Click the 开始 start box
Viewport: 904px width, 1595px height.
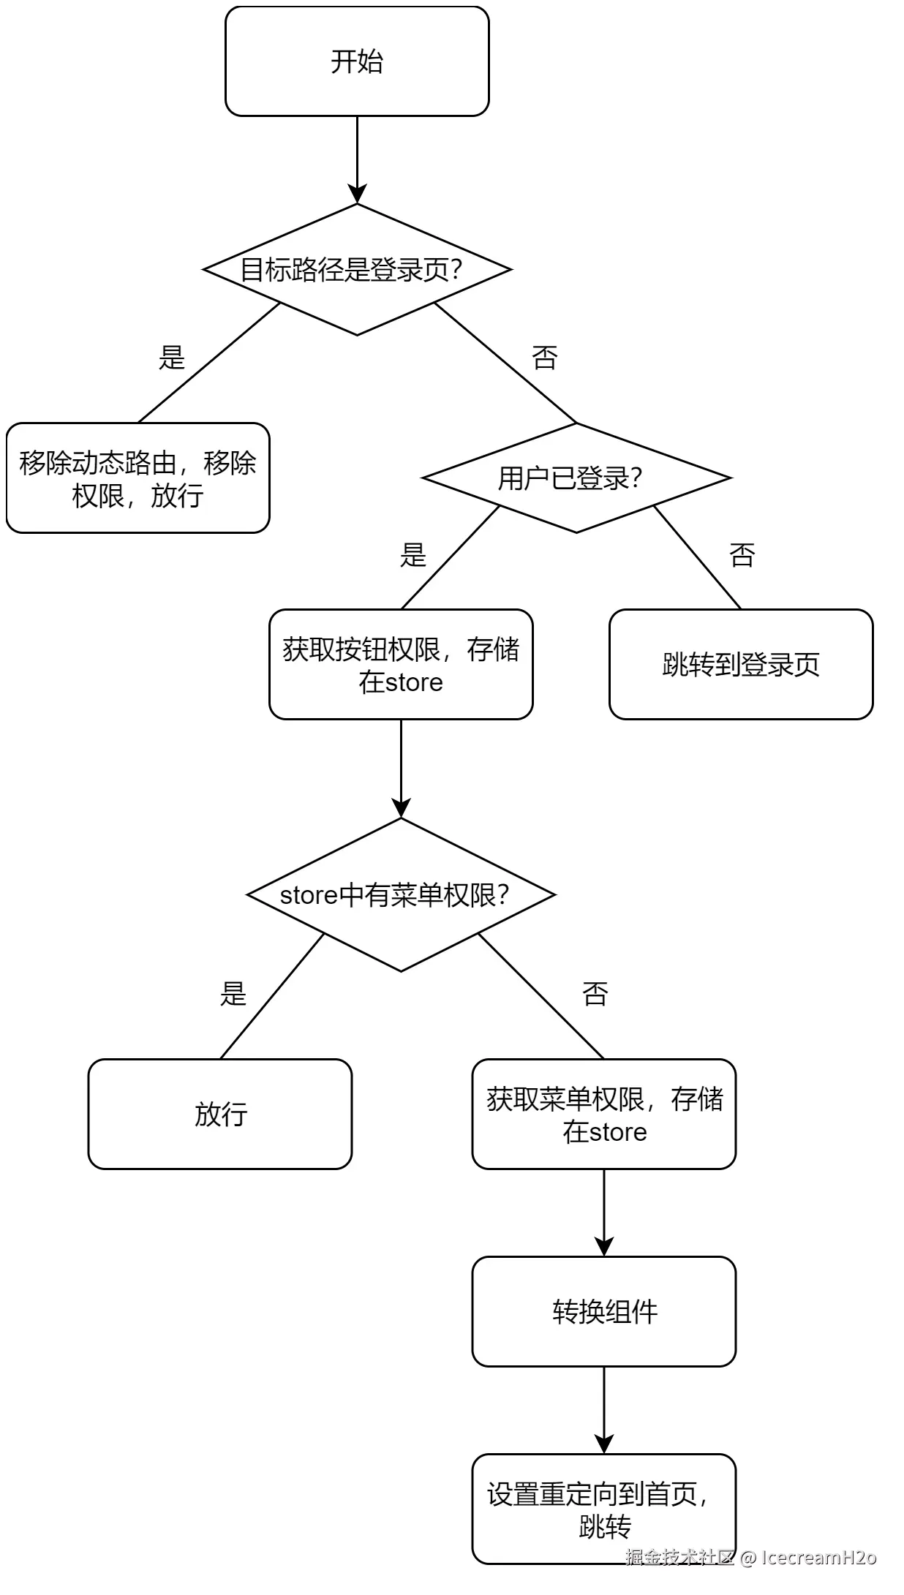click(357, 61)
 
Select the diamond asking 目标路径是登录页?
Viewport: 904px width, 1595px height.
click(357, 270)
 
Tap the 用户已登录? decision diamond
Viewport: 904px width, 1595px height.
click(576, 478)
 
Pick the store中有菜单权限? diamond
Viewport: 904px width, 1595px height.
click(401, 894)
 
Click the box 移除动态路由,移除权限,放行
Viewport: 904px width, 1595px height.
click(138, 478)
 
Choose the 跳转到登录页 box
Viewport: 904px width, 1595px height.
click(741, 664)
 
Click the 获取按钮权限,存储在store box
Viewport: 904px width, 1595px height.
click(401, 664)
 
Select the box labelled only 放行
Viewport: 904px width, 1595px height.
click(220, 1114)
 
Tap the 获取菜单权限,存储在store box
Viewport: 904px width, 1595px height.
click(604, 1114)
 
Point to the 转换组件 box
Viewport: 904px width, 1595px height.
click(604, 1311)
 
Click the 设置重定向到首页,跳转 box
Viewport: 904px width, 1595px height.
click(604, 1509)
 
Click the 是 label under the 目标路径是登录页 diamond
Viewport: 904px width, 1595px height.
click(172, 358)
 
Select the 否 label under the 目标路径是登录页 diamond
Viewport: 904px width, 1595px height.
click(544, 358)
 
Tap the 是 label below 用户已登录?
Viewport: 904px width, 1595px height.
click(413, 555)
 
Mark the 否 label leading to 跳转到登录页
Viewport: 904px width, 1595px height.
click(742, 555)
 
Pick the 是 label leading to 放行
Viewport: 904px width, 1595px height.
click(233, 994)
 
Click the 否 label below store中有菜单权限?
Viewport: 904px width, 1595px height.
click(595, 994)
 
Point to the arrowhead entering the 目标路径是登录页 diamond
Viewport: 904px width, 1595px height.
click(357, 194)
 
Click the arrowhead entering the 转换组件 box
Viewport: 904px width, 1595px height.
click(604, 1247)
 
